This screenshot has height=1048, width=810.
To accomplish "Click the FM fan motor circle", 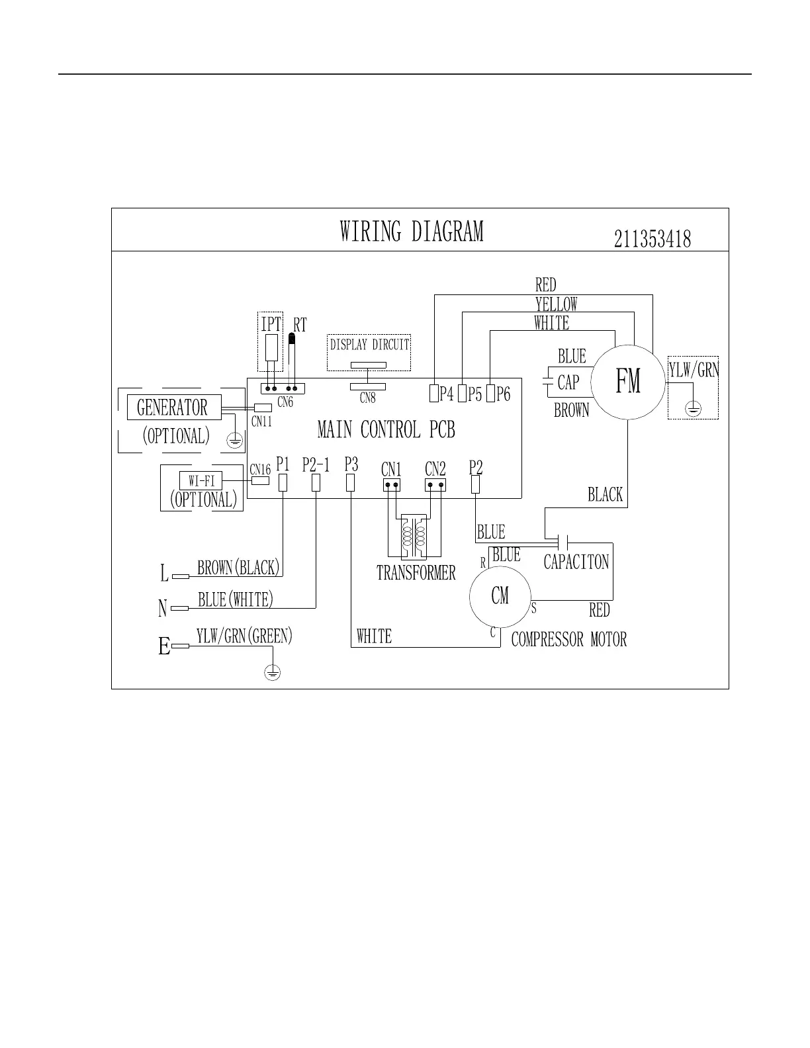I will click(x=627, y=382).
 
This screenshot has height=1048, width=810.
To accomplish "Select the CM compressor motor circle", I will click(x=500, y=595).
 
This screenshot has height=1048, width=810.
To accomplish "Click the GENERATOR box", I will click(x=173, y=408).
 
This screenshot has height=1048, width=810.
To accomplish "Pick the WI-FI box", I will click(x=201, y=481).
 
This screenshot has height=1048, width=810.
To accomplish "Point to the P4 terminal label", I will click(x=447, y=395).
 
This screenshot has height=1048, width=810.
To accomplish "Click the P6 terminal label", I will click(x=504, y=395).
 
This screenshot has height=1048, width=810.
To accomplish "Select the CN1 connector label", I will click(x=392, y=470).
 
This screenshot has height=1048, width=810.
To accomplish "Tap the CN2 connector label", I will click(x=435, y=470).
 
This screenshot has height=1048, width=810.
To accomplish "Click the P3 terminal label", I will click(x=351, y=464).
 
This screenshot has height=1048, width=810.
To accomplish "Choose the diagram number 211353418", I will click(x=652, y=239).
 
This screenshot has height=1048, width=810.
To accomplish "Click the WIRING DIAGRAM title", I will click(x=412, y=232).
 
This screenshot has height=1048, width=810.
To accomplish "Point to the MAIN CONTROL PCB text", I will click(x=386, y=430).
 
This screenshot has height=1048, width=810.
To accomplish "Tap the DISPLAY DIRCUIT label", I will click(x=370, y=344).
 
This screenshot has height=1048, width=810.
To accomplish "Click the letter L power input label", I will click(x=164, y=574).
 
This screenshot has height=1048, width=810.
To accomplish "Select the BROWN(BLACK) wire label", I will click(x=239, y=568).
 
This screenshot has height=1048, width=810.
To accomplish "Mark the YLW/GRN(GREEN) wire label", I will click(x=244, y=636).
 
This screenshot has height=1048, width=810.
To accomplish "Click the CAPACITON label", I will click(x=576, y=562).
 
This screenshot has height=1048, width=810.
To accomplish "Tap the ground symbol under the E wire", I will click(x=272, y=673).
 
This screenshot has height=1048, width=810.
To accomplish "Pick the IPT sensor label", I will click(x=271, y=324).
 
